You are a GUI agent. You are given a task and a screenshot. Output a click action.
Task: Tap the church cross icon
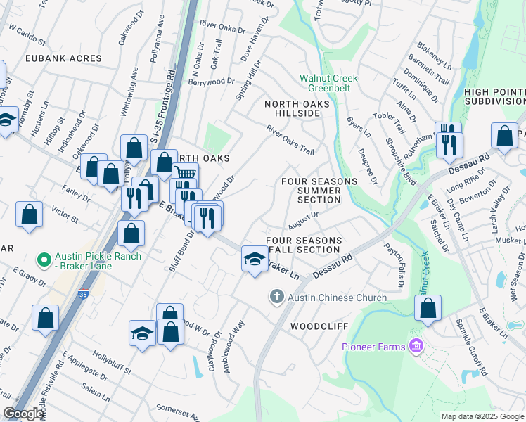click(276, 298)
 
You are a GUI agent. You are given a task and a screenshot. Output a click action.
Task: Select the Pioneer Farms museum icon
click(416, 346)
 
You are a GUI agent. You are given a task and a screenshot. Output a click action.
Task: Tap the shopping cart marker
click(185, 174)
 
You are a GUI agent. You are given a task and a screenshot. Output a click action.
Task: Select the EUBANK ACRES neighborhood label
click(65, 58)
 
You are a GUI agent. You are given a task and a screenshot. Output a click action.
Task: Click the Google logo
click(23, 414)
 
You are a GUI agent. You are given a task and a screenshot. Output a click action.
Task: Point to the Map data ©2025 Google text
click(483, 416)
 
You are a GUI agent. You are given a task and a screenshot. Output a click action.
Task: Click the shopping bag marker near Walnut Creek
click(428, 307)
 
